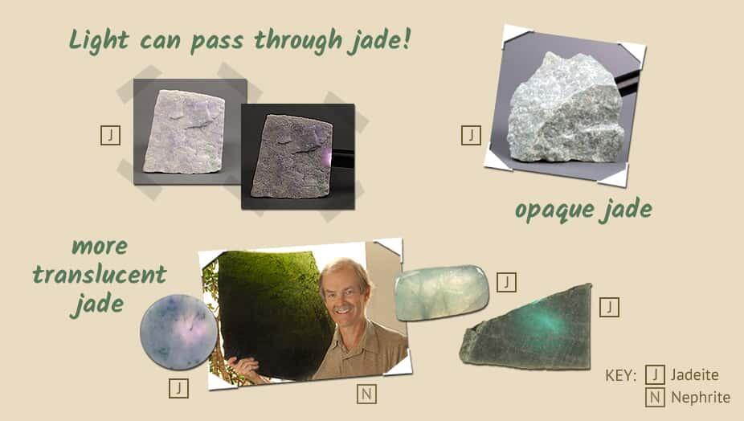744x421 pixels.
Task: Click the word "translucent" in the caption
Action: coord(100,276)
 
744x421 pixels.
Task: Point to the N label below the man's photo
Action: coord(365,394)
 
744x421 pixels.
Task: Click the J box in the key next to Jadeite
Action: coord(655,375)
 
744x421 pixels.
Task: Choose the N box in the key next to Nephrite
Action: coord(655,397)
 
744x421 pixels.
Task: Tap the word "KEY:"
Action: coord(620,375)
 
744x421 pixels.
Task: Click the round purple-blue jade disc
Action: coord(178,332)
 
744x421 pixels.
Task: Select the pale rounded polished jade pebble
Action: coord(440,292)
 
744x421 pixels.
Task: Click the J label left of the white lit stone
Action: coord(110,135)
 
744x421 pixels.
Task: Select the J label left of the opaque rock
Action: coord(472,135)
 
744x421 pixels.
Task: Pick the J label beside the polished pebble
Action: coord(506,282)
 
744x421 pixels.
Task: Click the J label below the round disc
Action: coord(178,388)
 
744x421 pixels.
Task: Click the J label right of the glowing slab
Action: coord(609,307)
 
